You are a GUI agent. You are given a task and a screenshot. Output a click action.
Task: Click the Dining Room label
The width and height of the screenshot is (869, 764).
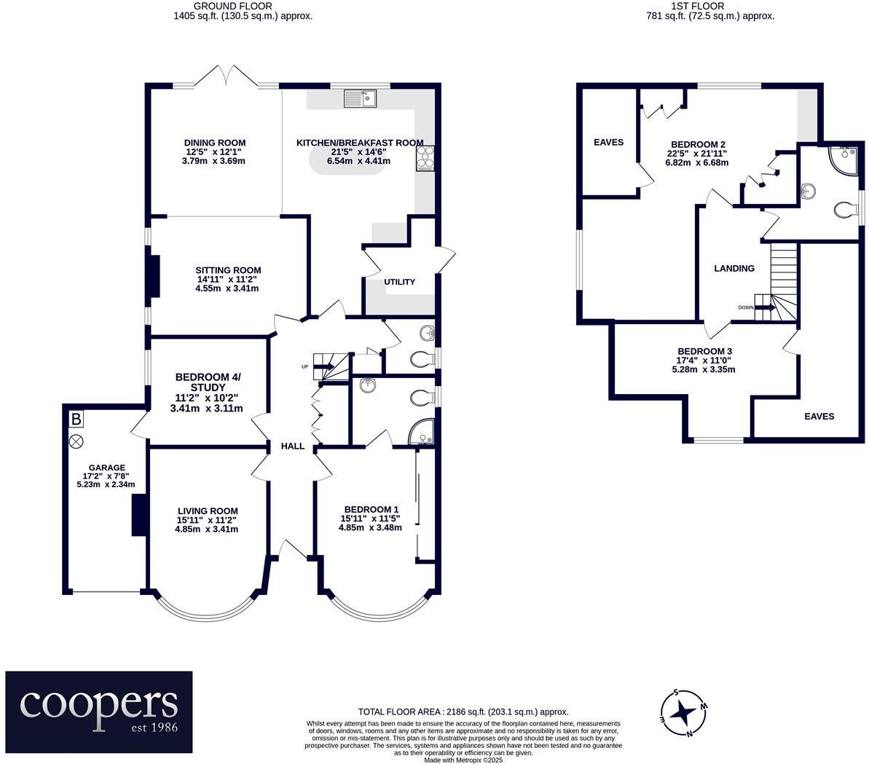[214, 143]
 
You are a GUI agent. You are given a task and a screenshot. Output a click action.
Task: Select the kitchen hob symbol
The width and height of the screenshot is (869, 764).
[425, 155]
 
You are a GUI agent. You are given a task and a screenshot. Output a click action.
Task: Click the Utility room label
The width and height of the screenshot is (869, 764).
[399, 282]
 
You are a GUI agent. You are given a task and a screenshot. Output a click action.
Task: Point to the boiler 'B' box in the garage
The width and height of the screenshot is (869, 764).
[76, 420]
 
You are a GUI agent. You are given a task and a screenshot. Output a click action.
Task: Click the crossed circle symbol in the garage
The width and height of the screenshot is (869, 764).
[76, 441]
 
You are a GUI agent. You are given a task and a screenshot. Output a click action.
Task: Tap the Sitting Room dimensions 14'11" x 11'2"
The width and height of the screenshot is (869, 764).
[227, 279]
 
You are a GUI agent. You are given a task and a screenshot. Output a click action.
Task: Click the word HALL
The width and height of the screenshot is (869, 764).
[293, 446]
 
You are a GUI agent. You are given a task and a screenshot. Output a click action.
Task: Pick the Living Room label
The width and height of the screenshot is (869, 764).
[207, 511]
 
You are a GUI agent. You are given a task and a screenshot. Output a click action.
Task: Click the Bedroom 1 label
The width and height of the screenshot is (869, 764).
[371, 509]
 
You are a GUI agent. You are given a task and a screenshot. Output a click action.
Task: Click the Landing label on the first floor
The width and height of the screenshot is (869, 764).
[734, 268]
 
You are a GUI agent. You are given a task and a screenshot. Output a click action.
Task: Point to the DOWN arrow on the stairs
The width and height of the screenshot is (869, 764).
[760, 307]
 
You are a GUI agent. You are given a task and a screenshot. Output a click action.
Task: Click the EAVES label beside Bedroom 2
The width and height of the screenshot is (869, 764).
[608, 142]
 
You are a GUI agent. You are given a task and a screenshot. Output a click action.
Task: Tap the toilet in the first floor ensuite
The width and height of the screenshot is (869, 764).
[846, 210]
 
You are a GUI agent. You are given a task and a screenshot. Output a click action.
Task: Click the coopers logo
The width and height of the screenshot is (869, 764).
[99, 711]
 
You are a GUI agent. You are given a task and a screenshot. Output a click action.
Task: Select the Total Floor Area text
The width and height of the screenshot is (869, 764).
[463, 712]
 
